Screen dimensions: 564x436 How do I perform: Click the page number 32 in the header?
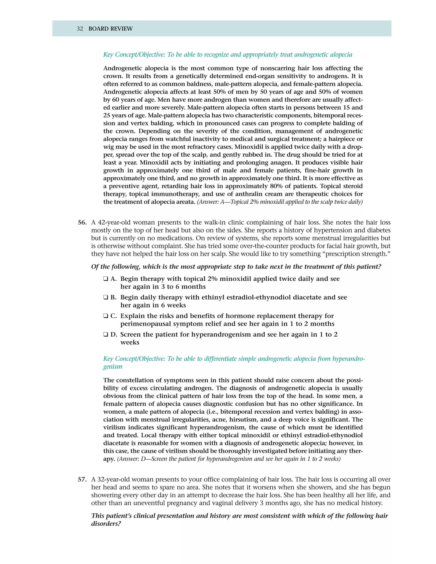click(80, 29)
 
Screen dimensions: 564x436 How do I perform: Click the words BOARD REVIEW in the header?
click(110, 29)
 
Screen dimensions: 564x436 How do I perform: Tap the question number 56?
click(82, 223)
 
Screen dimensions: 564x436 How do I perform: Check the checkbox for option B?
click(106, 298)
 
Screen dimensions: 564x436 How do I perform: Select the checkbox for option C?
click(106, 316)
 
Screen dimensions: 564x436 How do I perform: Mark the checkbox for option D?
click(106, 335)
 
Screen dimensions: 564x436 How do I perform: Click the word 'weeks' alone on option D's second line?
click(130, 342)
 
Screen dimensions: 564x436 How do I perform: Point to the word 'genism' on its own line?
click(113, 367)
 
